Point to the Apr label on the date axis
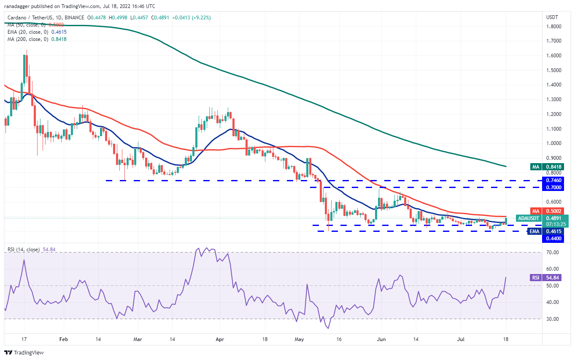coord(219,339)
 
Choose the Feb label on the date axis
coord(63,339)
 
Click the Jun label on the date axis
coord(381,339)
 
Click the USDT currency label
coord(552,17)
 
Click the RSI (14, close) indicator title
coord(24,250)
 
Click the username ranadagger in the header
coord(20,6)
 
